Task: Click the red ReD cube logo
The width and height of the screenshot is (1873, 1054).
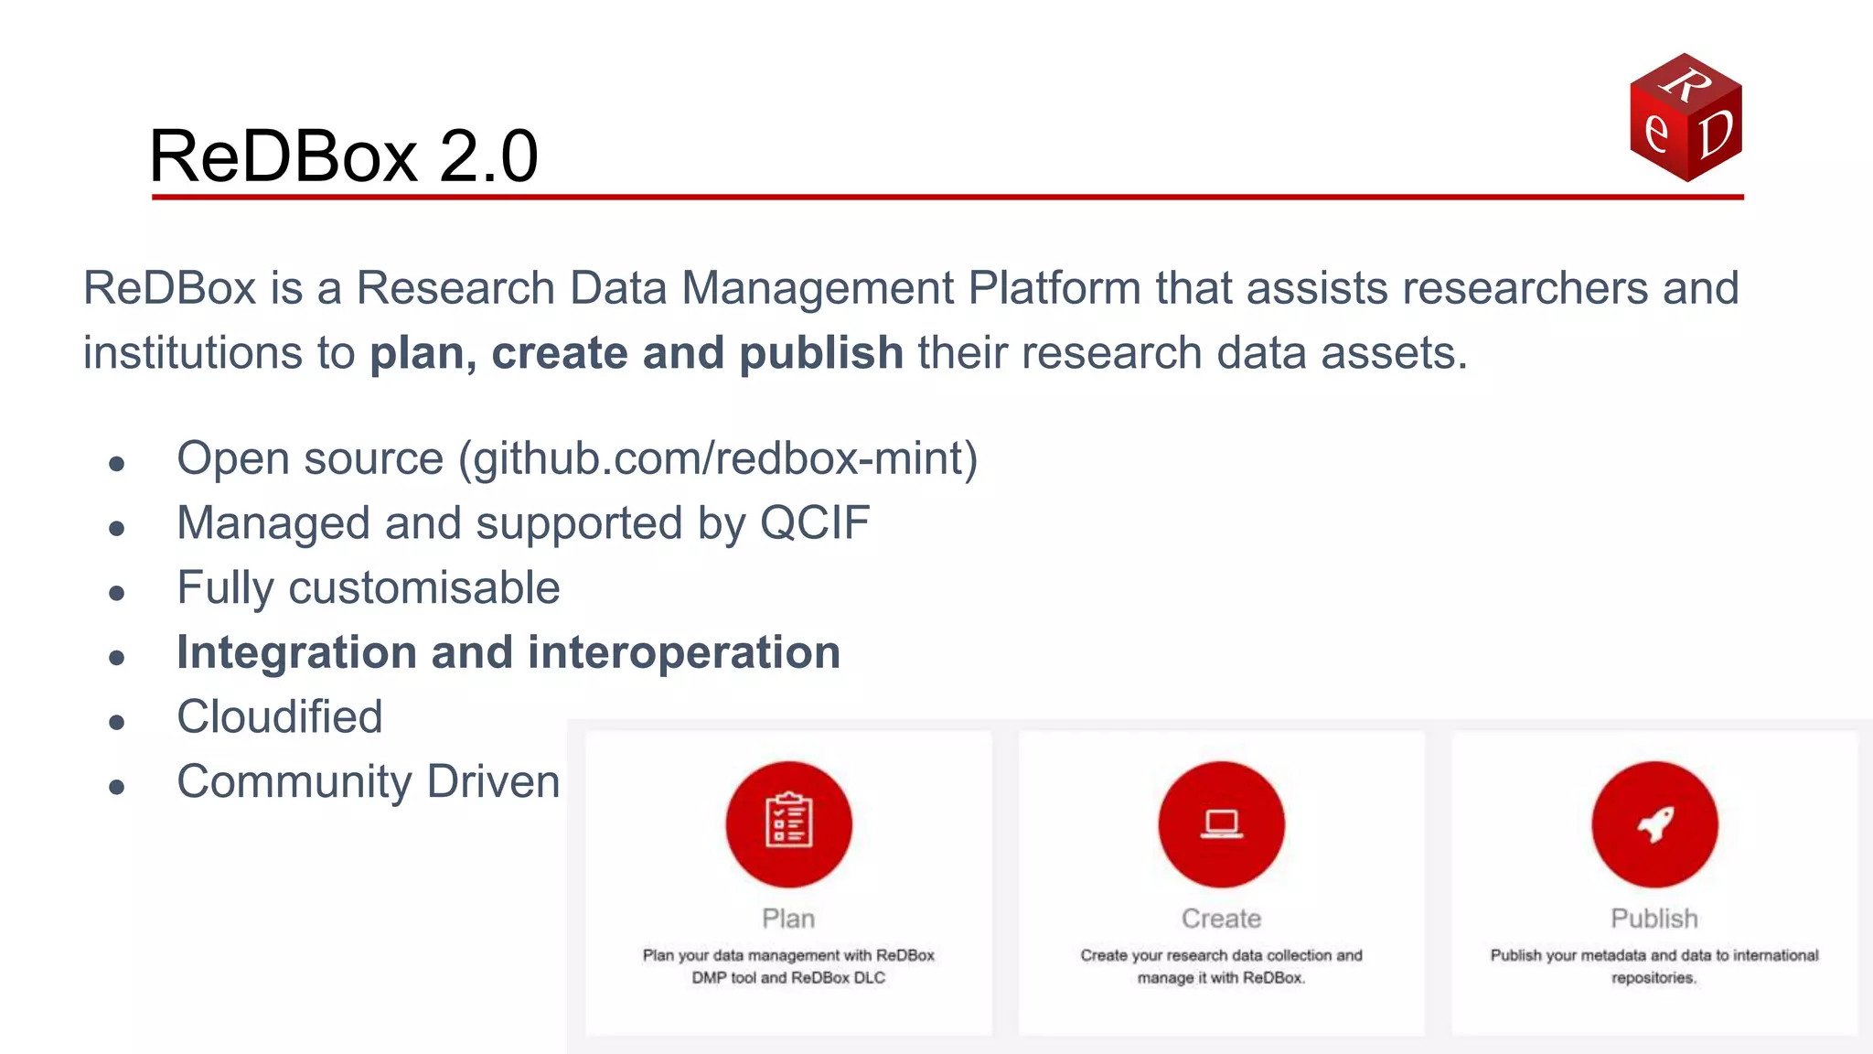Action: pyautogui.click(x=1686, y=117)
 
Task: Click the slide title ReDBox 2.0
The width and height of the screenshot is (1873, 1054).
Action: pyautogui.click(x=344, y=156)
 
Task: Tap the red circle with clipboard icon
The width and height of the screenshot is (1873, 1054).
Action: pyautogui.click(x=788, y=824)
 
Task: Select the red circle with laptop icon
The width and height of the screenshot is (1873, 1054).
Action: pyautogui.click(x=1221, y=824)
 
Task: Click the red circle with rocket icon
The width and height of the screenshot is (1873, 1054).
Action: pyautogui.click(x=1654, y=824)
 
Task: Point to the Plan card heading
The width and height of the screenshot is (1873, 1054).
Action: pyautogui.click(x=788, y=919)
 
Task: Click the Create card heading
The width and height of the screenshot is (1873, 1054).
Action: pyautogui.click(x=1221, y=919)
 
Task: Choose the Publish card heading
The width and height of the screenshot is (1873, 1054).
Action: pyautogui.click(x=1654, y=919)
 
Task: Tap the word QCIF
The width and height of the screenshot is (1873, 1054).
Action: pyautogui.click(x=815, y=523)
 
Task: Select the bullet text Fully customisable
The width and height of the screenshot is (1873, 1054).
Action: pyautogui.click(x=368, y=588)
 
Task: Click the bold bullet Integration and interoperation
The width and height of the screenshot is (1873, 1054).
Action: pyautogui.click(x=508, y=653)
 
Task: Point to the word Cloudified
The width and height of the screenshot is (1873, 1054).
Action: pyautogui.click(x=279, y=717)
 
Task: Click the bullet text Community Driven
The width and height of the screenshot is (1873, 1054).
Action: pyautogui.click(x=368, y=782)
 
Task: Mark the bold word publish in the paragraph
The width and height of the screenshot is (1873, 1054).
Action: pyautogui.click(x=820, y=353)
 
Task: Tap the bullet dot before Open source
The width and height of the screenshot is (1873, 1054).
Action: pyautogui.click(x=116, y=464)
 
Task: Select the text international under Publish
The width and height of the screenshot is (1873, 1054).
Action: pyautogui.click(x=1775, y=955)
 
